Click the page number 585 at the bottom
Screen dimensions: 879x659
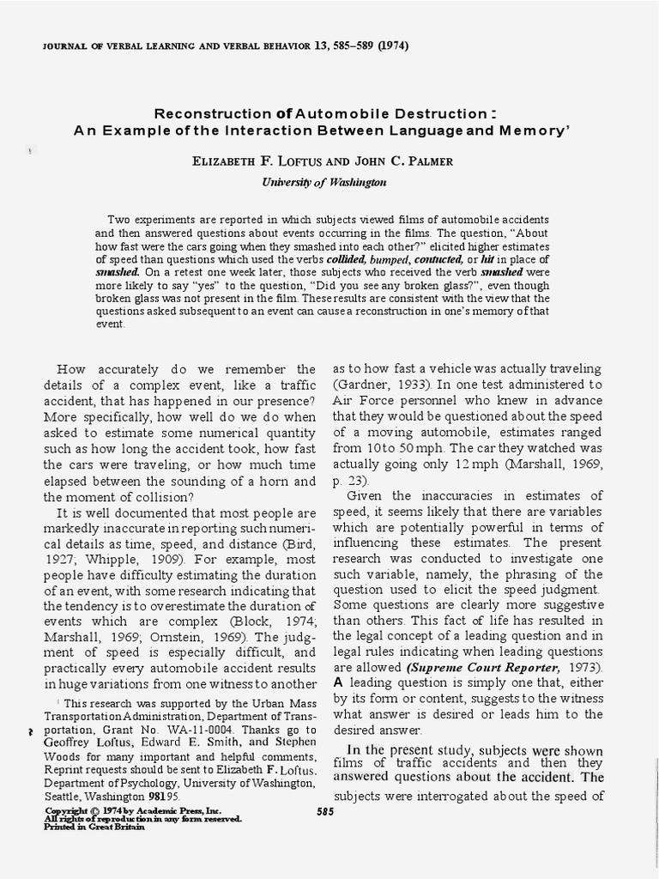coord(325,812)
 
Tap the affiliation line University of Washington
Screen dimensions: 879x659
coord(323,182)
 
